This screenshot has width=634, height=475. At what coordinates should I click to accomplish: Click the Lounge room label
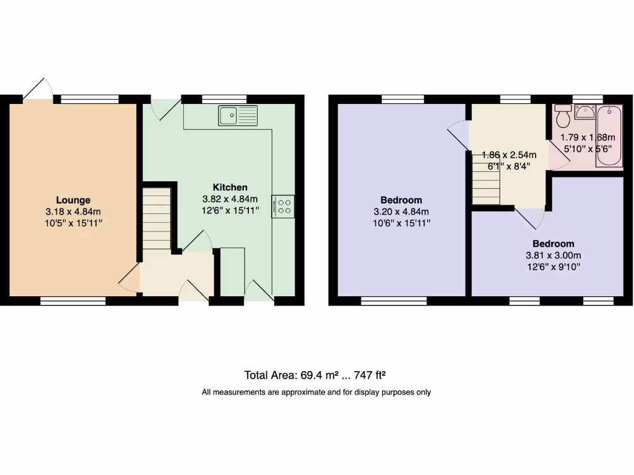pos(73,200)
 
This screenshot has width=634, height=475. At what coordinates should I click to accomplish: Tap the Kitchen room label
pos(230,187)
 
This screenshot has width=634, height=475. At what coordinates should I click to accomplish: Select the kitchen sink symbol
pos(238,115)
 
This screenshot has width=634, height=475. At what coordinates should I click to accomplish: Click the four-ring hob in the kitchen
pos(283,206)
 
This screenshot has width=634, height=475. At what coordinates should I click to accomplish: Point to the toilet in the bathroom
pos(563,116)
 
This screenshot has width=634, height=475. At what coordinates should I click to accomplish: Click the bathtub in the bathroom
pos(609,136)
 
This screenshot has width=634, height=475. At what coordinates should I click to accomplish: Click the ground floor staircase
pos(157,219)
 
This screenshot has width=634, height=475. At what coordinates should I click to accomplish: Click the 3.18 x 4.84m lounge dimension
pos(73,212)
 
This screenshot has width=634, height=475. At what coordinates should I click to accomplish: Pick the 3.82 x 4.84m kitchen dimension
pos(230,199)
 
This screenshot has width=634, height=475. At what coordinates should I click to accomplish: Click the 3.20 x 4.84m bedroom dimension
pos(401,212)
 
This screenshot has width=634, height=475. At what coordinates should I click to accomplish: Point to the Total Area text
pos(316,375)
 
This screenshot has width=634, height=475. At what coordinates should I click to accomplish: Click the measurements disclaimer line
pos(316,392)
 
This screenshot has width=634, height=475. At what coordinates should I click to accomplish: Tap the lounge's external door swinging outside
pos(35,90)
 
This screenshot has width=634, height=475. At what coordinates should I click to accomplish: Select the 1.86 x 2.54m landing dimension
pos(509,155)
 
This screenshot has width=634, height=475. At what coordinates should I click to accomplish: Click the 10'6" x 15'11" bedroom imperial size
pos(401,223)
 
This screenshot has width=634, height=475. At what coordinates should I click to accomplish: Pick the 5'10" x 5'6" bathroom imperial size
pos(587,148)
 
